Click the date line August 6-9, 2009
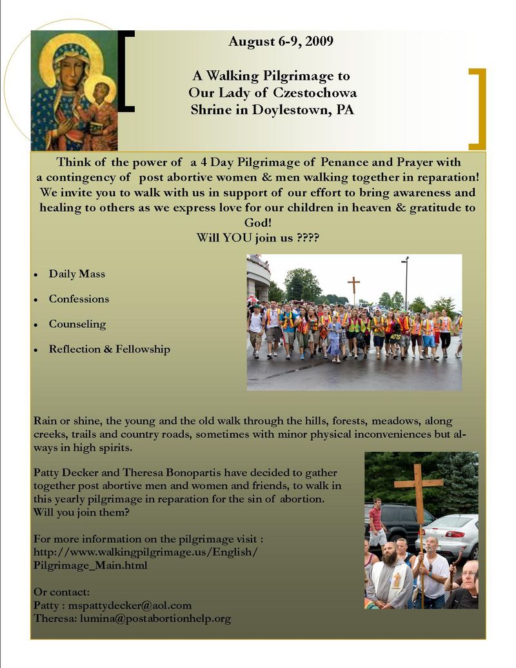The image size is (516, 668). point(281,42)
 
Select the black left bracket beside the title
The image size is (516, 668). point(126,71)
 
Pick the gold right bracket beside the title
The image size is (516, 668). point(477,108)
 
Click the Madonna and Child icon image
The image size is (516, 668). point(74,90)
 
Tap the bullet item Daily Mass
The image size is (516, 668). point(77,274)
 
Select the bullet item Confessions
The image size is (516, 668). point(79,299)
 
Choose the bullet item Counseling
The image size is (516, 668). point(77,324)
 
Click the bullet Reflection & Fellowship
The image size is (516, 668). point(109,349)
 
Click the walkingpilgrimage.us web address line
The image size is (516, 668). point(145,552)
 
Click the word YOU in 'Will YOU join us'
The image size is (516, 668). point(239,238)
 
